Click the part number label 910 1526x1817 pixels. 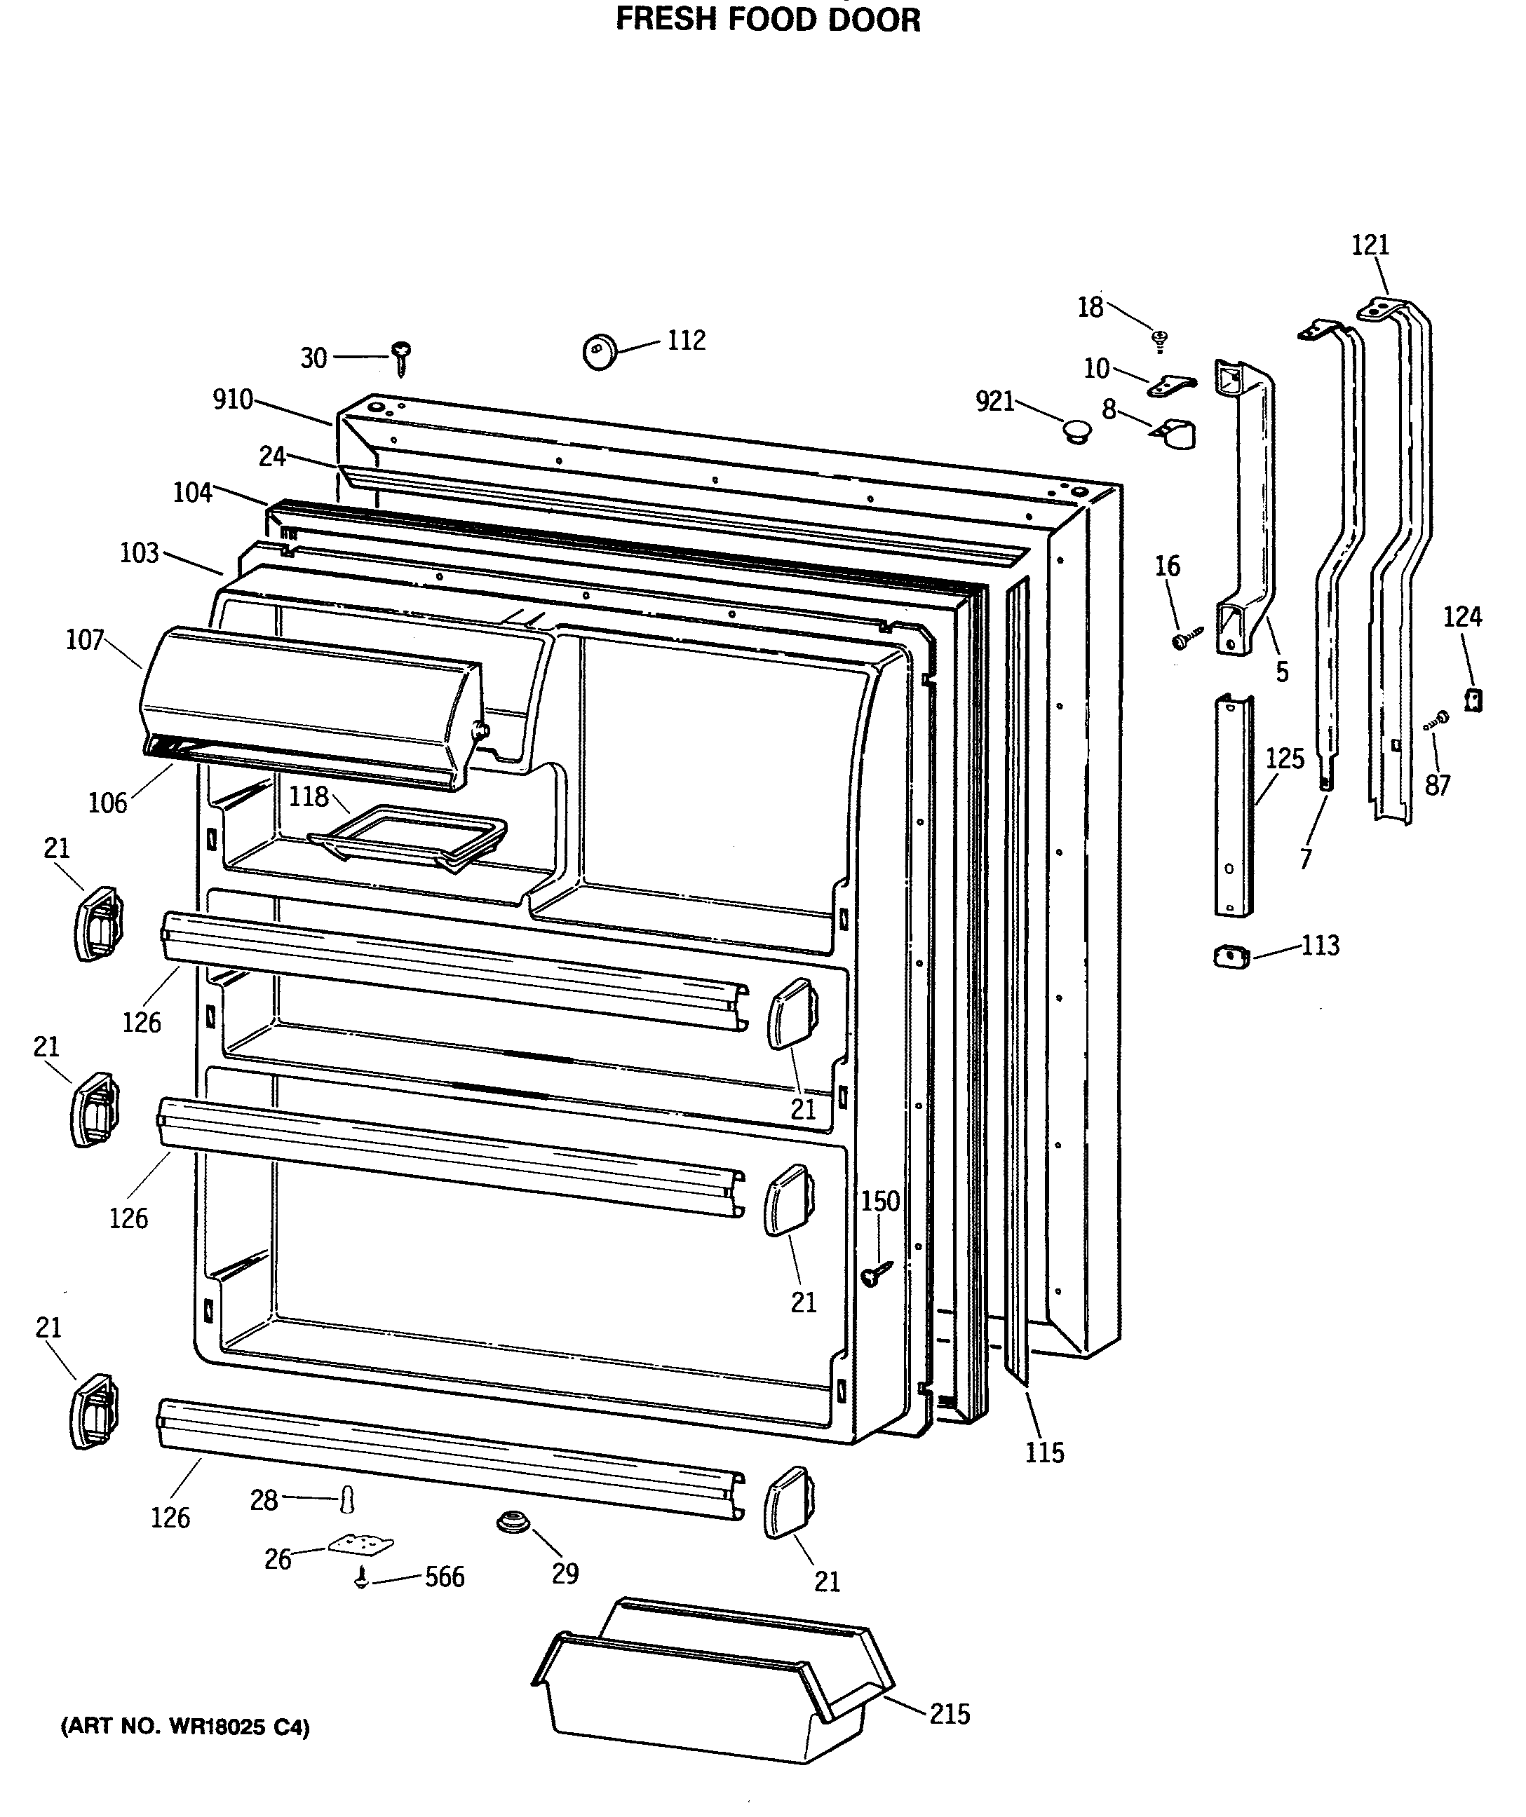coord(233,400)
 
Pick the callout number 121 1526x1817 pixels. coord(1370,246)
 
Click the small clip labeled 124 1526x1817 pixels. coord(1472,699)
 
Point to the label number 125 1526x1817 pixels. coord(1285,758)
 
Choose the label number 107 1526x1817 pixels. coord(85,640)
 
